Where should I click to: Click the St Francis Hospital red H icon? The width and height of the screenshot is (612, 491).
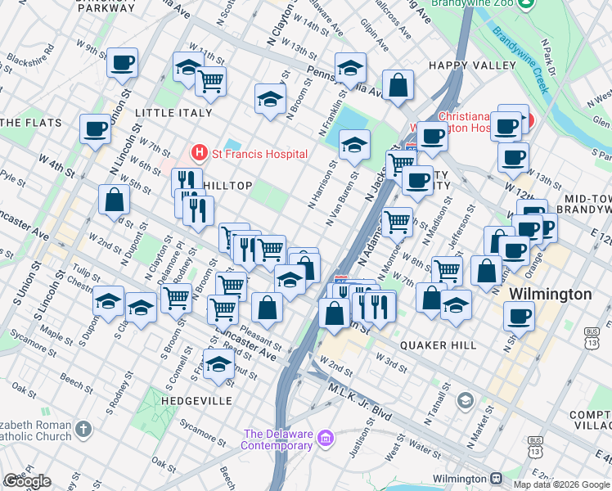198,153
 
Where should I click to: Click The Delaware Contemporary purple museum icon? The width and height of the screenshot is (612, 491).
326,439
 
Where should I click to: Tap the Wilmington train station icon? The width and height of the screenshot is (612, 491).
496,478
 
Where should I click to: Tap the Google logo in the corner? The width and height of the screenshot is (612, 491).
27,482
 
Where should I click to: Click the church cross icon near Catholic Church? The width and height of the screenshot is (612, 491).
83,429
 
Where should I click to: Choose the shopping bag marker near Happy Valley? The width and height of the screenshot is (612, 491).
398,86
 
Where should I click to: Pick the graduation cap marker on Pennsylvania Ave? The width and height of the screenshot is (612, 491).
350,69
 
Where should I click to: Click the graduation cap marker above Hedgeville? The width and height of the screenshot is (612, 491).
218,365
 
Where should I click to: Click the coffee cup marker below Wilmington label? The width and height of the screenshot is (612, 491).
519,316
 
